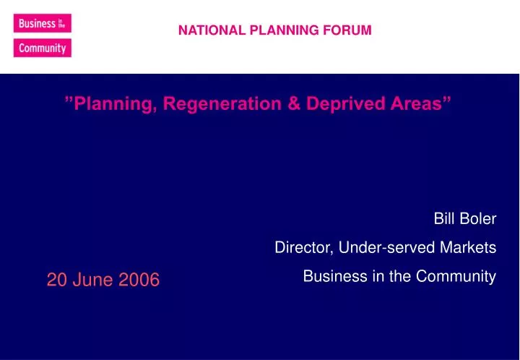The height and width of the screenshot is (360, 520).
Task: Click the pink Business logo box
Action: pos(42,23)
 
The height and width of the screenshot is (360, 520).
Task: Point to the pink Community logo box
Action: pos(42,48)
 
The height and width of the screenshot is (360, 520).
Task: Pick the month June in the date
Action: pos(89,280)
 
